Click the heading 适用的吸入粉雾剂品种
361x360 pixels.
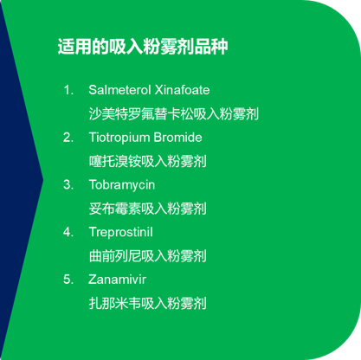point(143,46)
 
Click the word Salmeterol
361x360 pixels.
point(119,90)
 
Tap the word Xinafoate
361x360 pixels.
point(182,90)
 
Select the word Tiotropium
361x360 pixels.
point(119,138)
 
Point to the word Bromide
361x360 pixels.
point(177,138)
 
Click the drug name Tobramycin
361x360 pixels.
point(122,185)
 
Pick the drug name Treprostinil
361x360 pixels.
point(121,233)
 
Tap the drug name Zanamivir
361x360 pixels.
point(117,280)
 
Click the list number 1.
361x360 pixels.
point(68,90)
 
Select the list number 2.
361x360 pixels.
point(68,138)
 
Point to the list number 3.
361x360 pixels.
point(68,185)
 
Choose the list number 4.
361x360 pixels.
point(68,232)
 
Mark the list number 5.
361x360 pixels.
point(68,280)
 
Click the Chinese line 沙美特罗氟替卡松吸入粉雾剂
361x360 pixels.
point(173,113)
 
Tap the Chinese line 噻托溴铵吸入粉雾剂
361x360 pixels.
point(147,161)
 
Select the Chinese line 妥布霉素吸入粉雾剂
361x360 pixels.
point(147,209)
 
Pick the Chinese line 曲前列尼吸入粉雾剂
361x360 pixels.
point(147,256)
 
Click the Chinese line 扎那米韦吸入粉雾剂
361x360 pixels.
point(147,303)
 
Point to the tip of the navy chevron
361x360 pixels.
point(43,180)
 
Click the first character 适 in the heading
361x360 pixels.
point(66,46)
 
